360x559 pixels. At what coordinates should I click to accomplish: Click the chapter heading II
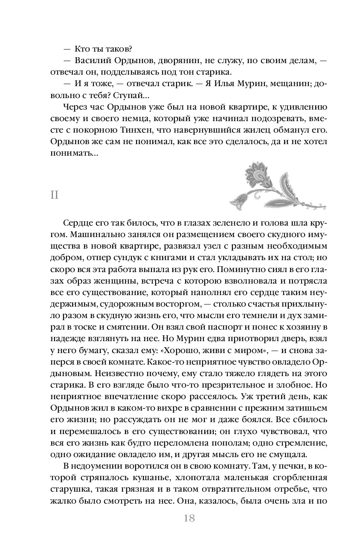[54, 195]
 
